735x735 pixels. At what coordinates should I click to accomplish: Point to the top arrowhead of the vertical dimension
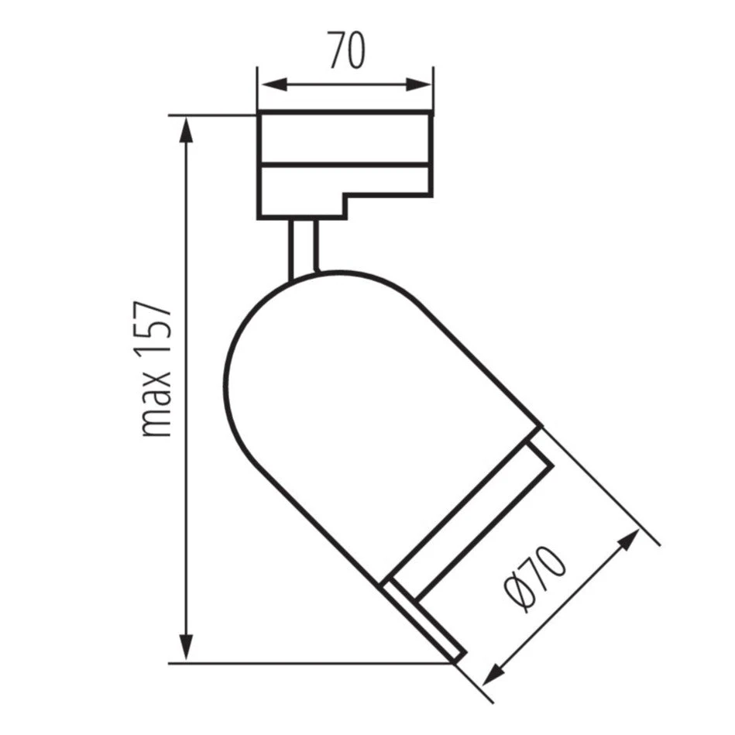[x=186, y=129]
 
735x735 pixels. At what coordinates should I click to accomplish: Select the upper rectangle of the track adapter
[x=344, y=138]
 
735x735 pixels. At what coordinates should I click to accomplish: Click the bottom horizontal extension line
[x=310, y=663]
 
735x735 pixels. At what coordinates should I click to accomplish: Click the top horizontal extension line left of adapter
[x=213, y=115]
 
